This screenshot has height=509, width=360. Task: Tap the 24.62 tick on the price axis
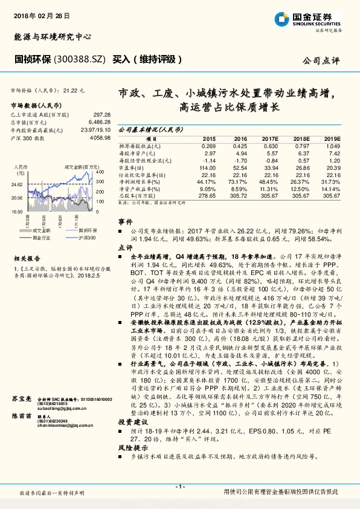pos(17,184)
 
